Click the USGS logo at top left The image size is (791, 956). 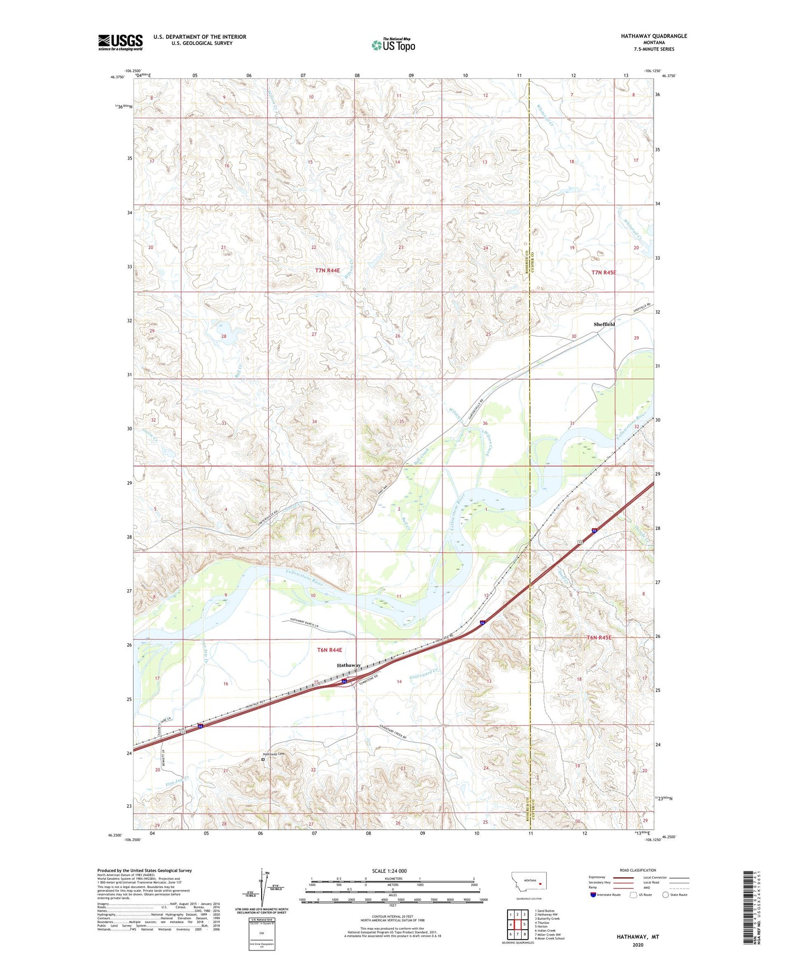click(x=120, y=42)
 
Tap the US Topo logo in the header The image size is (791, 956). click(x=393, y=45)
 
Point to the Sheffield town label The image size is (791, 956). click(x=604, y=324)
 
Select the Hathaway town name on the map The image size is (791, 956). click(x=349, y=665)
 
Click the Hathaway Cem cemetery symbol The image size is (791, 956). click(x=263, y=759)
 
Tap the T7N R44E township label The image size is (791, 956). click(x=328, y=270)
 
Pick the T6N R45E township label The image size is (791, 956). click(x=599, y=638)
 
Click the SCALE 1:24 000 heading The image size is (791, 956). click(x=389, y=871)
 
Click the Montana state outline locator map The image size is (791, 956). click(x=526, y=883)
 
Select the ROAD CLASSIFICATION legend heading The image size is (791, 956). click(x=638, y=870)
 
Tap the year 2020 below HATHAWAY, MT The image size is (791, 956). click(x=638, y=945)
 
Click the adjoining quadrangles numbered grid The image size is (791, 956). click(x=517, y=925)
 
